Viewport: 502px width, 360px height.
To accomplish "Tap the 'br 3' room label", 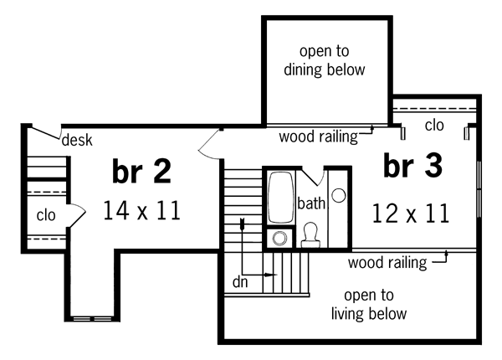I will [412, 166].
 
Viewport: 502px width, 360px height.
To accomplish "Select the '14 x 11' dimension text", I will [141, 210].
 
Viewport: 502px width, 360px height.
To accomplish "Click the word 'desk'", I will [77, 140].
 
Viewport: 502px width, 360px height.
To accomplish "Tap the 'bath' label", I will [310, 203].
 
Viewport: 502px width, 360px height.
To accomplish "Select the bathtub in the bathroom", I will [279, 198].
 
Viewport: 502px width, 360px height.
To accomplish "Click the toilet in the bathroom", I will [310, 234].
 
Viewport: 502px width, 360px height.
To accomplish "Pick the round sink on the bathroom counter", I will [339, 195].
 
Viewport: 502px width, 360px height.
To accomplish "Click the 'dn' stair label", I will [240, 282].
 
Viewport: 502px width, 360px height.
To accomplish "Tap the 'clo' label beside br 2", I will [45, 215].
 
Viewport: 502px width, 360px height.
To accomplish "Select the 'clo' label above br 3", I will [433, 126].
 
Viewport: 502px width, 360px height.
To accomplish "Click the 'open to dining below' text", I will [325, 60].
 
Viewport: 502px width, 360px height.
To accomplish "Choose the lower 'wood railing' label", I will [387, 263].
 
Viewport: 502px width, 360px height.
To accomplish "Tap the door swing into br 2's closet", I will [75, 215].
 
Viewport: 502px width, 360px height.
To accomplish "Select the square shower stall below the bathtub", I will [279, 238].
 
